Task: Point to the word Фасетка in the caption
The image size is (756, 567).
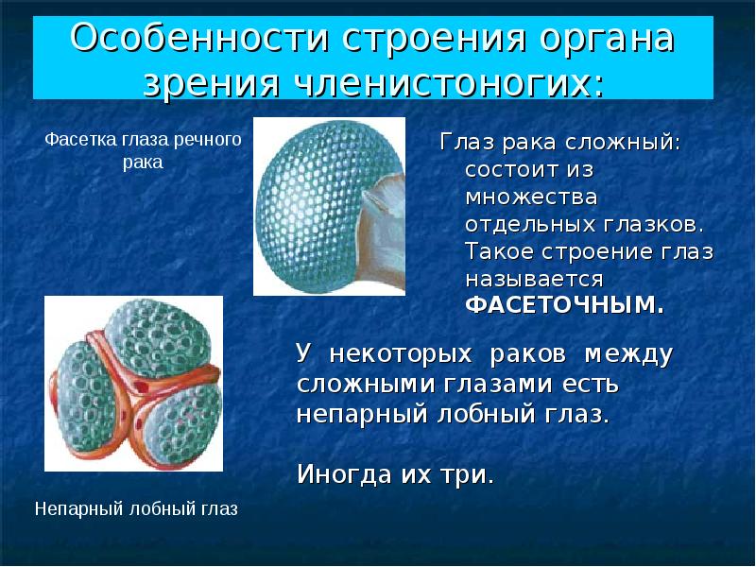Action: (x=79, y=140)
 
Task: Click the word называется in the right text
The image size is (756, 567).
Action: (x=534, y=279)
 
